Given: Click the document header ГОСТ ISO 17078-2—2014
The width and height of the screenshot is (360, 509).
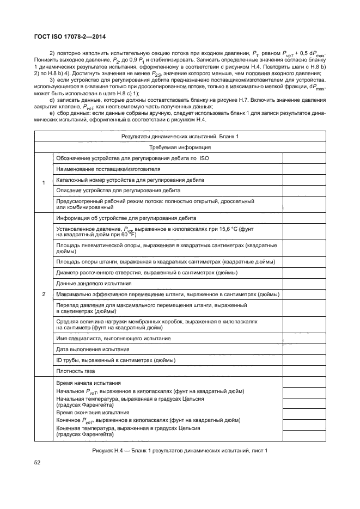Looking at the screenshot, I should [x=67, y=36].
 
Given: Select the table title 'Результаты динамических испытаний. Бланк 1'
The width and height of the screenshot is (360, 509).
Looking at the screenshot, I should [x=180, y=136].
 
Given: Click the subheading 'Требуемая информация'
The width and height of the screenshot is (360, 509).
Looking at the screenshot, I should [x=180, y=147].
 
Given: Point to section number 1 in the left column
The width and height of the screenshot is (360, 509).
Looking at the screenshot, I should [x=44, y=182].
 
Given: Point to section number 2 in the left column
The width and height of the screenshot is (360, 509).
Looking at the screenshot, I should [x=44, y=295].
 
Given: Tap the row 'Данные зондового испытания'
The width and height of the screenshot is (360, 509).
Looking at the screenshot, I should [x=94, y=284].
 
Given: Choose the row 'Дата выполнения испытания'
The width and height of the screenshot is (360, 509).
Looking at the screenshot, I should [x=93, y=348].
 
